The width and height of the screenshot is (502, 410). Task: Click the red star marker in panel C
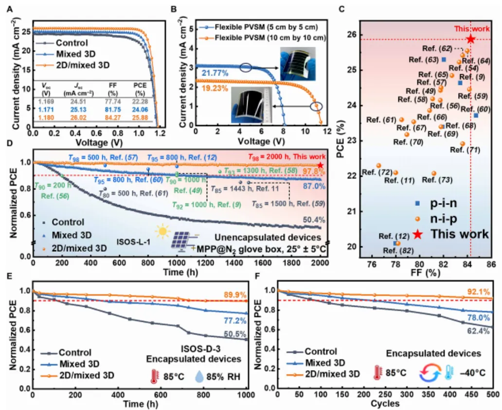coord(470,39)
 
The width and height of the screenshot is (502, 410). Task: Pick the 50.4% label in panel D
coord(314,220)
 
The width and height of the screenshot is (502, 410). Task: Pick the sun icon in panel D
coord(163,231)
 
